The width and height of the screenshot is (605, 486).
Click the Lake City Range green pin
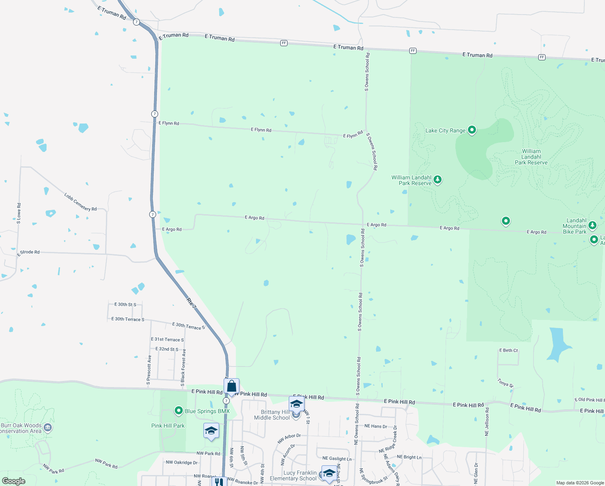click(472, 130)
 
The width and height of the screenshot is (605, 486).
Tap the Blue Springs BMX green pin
click(179, 411)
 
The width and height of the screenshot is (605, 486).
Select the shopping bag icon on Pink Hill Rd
click(231, 386)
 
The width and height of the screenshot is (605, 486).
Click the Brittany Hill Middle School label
click(272, 415)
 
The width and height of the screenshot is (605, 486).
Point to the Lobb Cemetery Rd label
click(80, 202)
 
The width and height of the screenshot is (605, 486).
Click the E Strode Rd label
click(28, 253)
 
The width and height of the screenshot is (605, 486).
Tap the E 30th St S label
click(125, 305)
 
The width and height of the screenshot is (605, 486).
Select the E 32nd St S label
click(167, 349)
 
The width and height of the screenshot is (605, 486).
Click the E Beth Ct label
click(508, 350)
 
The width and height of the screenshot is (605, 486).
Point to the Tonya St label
click(506, 383)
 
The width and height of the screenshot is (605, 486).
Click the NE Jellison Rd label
click(487, 422)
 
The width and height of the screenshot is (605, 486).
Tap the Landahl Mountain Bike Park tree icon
click(592, 225)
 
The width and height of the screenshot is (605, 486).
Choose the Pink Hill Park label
click(168, 426)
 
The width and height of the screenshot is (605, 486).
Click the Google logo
click(14, 481)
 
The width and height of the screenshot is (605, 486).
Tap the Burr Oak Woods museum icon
click(48, 428)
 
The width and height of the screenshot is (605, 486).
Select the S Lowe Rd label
click(19, 213)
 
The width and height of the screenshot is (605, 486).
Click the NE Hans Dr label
click(376, 426)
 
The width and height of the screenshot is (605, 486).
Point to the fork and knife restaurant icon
click(219, 482)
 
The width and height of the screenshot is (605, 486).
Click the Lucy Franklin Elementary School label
click(293, 475)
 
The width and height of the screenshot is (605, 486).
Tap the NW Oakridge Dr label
click(182, 463)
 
